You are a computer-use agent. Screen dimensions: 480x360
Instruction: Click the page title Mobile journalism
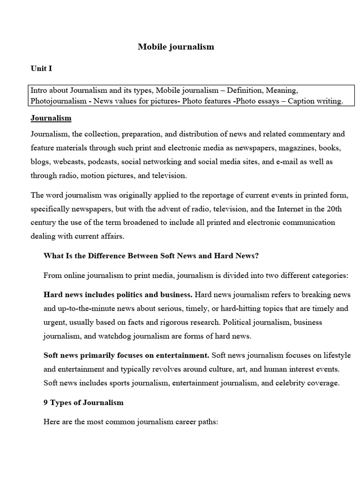(176, 46)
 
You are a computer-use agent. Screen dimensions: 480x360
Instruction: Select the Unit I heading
(41, 68)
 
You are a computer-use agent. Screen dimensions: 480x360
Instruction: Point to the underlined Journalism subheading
(51, 118)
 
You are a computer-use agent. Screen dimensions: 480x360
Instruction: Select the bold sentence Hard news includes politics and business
(118, 295)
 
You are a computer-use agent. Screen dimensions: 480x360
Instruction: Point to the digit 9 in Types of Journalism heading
(45, 402)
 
